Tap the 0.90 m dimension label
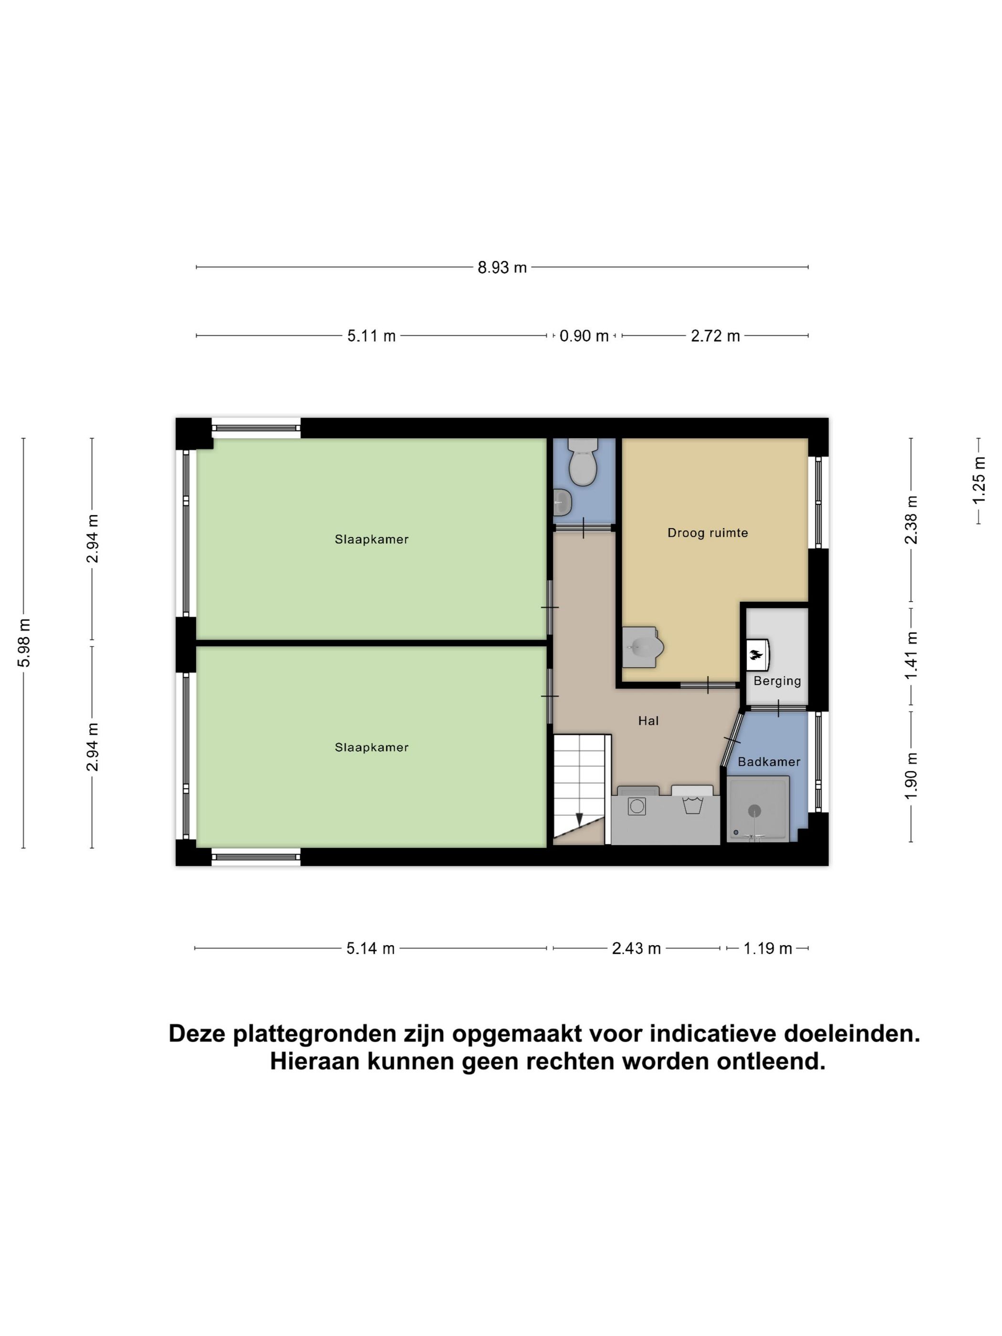(584, 336)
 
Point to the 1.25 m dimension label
(979, 480)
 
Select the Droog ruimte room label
(707, 532)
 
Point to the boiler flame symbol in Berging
(756, 654)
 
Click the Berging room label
(777, 681)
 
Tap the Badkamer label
(768, 762)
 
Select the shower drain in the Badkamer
(754, 811)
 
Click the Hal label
(648, 720)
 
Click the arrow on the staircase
(579, 819)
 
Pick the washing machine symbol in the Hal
(637, 806)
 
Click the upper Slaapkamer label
(371, 539)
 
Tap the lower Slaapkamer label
(371, 747)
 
